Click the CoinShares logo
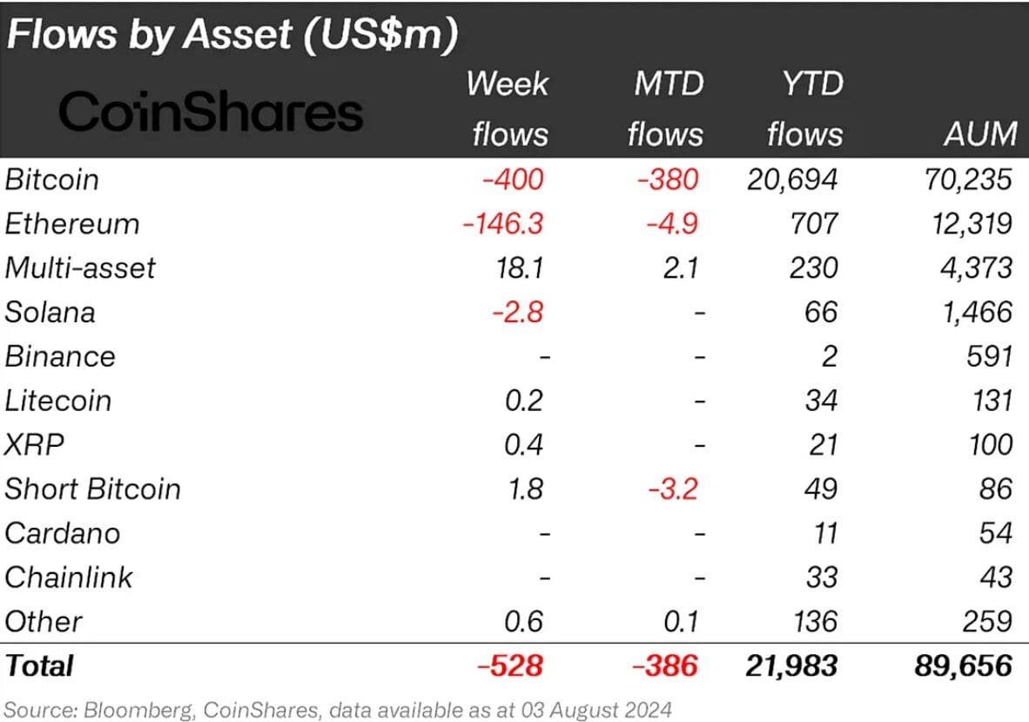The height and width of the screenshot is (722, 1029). [x=211, y=113]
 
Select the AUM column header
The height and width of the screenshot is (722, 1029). [x=979, y=134]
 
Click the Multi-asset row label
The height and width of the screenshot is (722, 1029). [x=80, y=267]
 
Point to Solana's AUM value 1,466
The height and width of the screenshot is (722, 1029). [x=977, y=312]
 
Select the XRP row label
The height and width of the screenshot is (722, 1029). [x=35, y=445]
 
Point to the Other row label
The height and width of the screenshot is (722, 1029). [x=44, y=622]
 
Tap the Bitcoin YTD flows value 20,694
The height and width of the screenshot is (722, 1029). [x=792, y=179]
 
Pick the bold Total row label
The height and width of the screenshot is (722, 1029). [x=39, y=666]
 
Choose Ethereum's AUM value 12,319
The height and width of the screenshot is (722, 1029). [x=970, y=224]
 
